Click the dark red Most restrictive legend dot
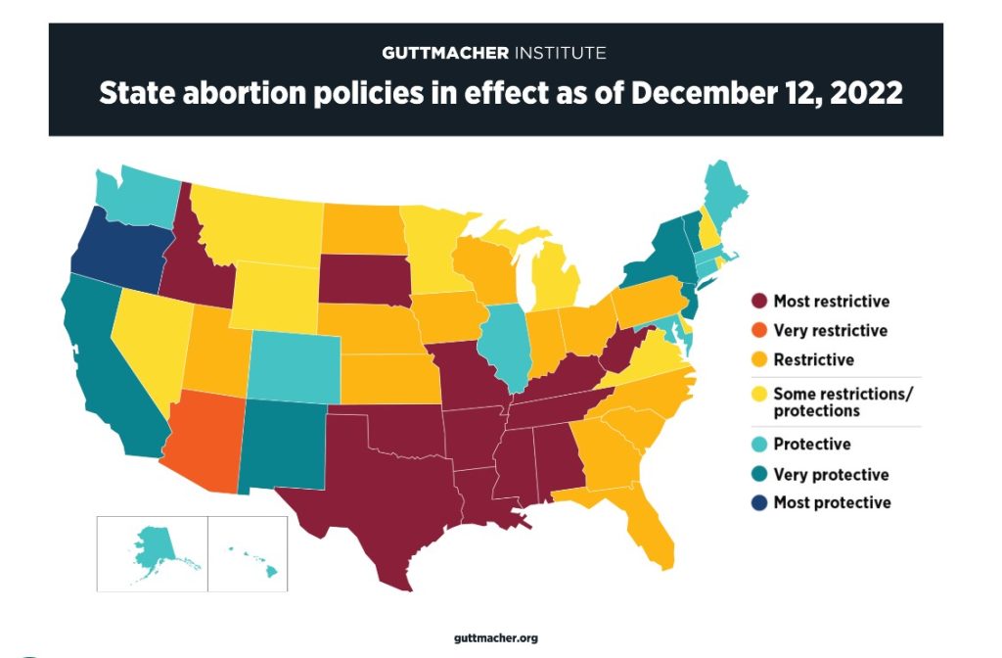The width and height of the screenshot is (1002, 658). (x=757, y=302)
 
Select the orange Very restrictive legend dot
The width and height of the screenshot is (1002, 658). (x=757, y=331)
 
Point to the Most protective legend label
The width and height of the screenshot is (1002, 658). (x=832, y=502)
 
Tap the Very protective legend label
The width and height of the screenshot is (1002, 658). (x=831, y=474)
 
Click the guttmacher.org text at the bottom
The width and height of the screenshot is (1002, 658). (x=496, y=638)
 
